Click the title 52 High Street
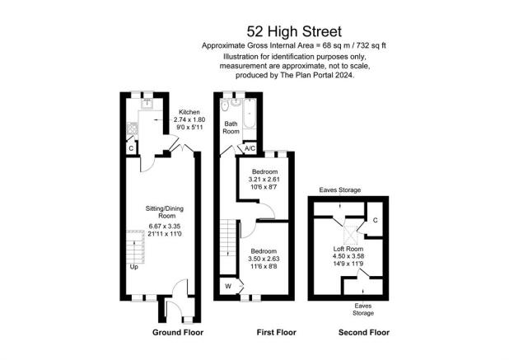coord(294,32)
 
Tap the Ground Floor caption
coord(178,333)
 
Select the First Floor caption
coord(277,333)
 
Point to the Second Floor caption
coord(364,333)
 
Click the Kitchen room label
coord(189,112)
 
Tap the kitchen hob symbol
coord(132,129)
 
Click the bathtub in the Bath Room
coord(250,114)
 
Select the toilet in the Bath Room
coord(225,105)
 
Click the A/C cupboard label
coord(250,148)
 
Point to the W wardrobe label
coord(228,287)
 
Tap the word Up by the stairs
coord(133,267)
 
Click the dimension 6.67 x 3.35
coord(165,227)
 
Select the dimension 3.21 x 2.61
coord(264,180)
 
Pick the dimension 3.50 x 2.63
coord(264,259)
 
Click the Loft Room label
coord(348,249)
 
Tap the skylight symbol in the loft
coord(350,235)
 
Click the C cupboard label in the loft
coord(376,221)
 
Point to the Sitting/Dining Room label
coord(165,212)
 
